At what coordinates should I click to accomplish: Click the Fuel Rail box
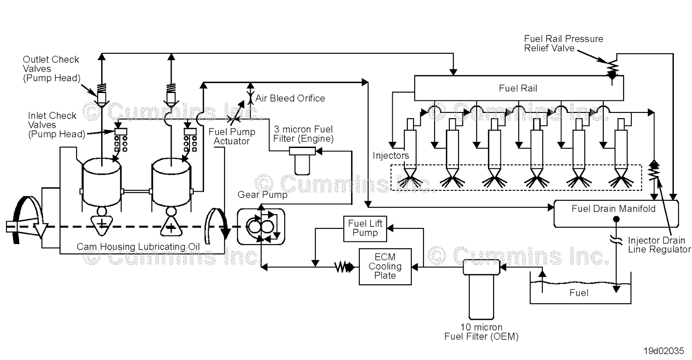[x=518, y=88]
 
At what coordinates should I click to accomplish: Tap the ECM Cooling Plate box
[x=385, y=267]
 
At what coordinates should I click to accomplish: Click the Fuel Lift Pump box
[x=365, y=228]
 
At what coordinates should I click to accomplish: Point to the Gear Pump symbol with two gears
[x=261, y=226]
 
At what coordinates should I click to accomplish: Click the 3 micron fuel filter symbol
[x=302, y=159]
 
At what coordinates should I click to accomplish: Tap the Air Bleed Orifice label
[x=290, y=98]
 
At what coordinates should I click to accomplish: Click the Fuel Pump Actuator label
[x=232, y=136]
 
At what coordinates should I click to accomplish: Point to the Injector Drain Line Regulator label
[x=659, y=245]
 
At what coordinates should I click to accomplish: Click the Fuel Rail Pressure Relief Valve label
[x=563, y=43]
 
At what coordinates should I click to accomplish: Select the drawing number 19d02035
[x=663, y=350]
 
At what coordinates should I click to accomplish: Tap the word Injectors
[x=391, y=155]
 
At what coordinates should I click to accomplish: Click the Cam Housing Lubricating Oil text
[x=138, y=247]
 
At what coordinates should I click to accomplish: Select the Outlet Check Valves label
[x=51, y=69]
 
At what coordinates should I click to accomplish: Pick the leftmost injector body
[x=410, y=147]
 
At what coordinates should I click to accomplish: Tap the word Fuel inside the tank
[x=579, y=293]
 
